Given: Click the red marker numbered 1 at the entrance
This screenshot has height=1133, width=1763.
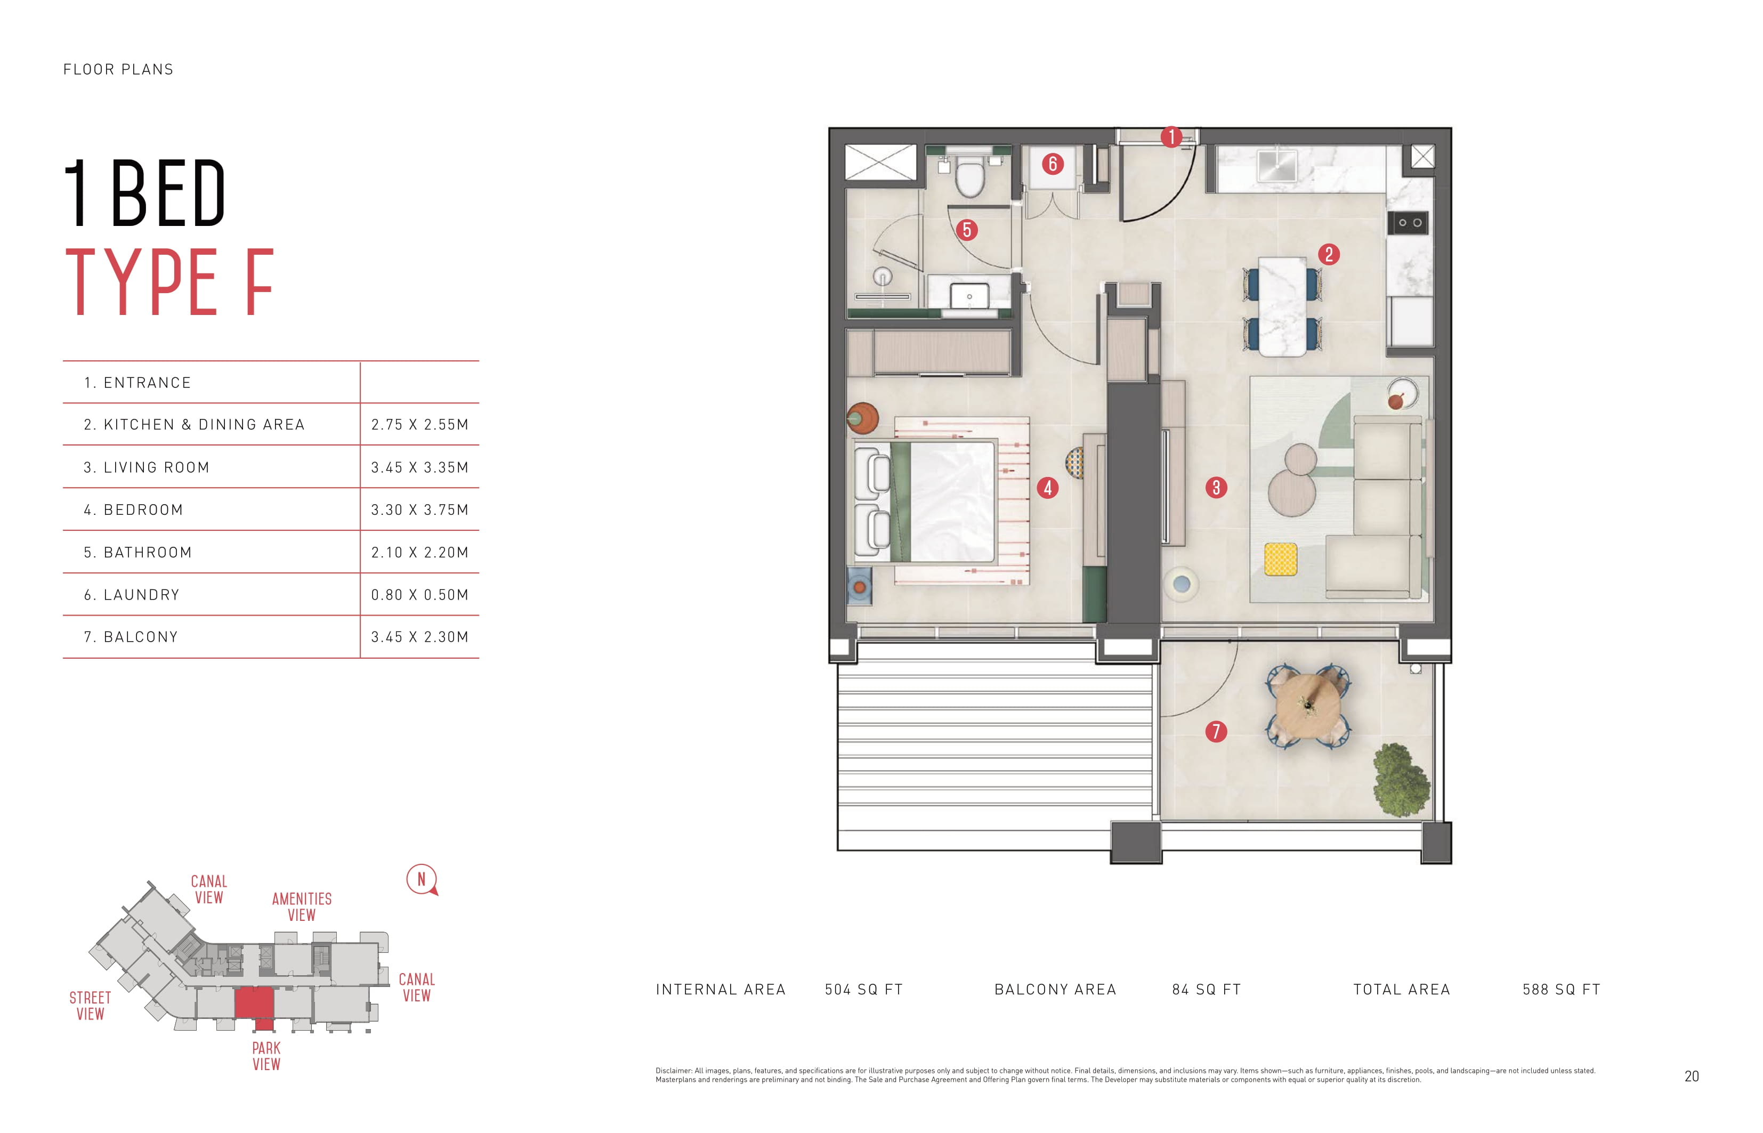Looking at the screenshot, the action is tap(1171, 137).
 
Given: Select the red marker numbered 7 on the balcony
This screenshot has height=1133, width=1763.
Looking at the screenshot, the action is tap(1216, 731).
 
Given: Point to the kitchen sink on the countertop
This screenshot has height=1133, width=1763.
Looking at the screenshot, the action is tap(1276, 166).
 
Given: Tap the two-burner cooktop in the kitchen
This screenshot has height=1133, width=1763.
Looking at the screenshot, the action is tap(1409, 223).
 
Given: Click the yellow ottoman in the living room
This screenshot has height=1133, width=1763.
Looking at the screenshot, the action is tap(1280, 559).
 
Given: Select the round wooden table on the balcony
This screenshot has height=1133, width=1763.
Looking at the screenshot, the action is tap(1307, 707).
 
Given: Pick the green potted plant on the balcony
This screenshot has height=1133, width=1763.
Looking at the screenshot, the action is tap(1401, 779).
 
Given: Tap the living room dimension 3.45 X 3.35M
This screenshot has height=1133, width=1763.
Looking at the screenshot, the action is tap(419, 467).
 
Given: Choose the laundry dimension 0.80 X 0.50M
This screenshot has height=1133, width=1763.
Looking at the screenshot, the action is tap(419, 594).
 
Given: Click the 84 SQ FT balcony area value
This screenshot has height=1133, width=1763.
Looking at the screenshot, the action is tap(1207, 990).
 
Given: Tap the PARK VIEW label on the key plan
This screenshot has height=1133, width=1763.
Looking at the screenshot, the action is tap(266, 1056).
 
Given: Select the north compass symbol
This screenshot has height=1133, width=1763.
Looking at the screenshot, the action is tap(422, 880).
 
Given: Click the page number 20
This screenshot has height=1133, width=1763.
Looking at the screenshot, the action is tap(1692, 1077).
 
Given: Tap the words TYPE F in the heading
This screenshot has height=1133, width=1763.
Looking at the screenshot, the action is tap(170, 282).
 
